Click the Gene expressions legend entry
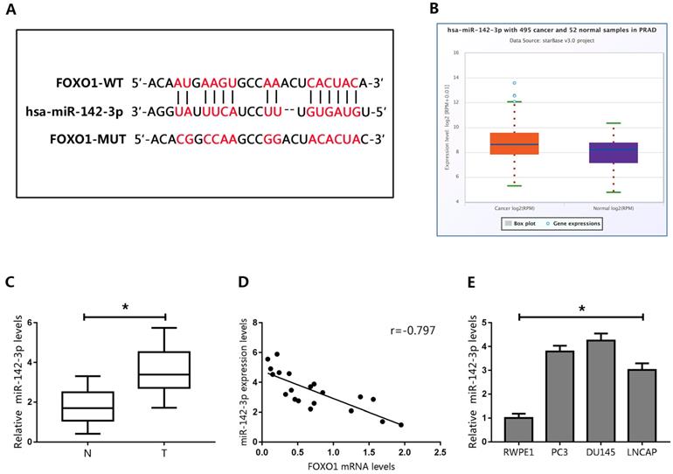[x=579, y=224]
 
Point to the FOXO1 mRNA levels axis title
[x=350, y=467]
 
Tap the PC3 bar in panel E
[x=561, y=395]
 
